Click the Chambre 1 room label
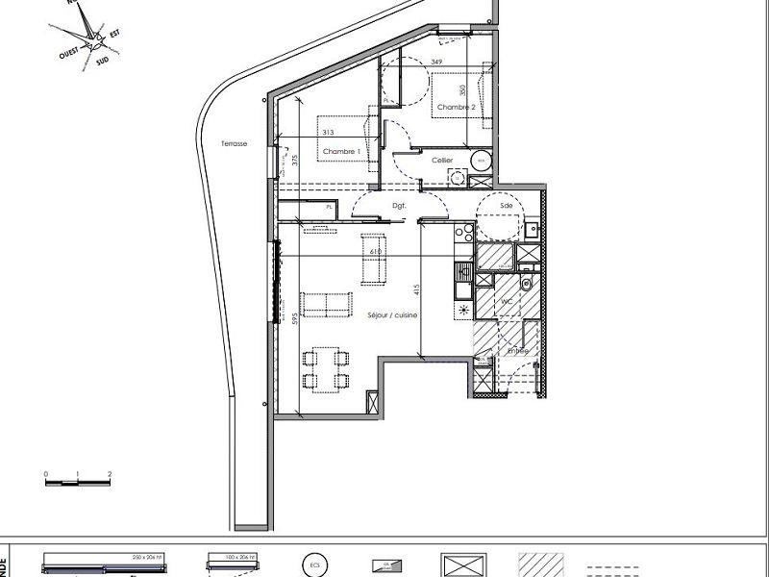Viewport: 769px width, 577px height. [341, 153]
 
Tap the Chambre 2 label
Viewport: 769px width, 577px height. [457, 108]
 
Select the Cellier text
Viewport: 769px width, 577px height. [442, 160]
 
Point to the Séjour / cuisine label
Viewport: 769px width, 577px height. [391, 316]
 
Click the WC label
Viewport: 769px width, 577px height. [506, 301]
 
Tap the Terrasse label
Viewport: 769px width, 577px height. [233, 143]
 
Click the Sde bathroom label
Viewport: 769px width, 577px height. [506, 206]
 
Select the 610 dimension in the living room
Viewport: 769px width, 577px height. [375, 251]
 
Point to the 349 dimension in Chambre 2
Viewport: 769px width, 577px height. [437, 63]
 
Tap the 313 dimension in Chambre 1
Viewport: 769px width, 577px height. [329, 133]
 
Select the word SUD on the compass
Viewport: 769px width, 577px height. [102, 60]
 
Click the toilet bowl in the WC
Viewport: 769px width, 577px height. [528, 284]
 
